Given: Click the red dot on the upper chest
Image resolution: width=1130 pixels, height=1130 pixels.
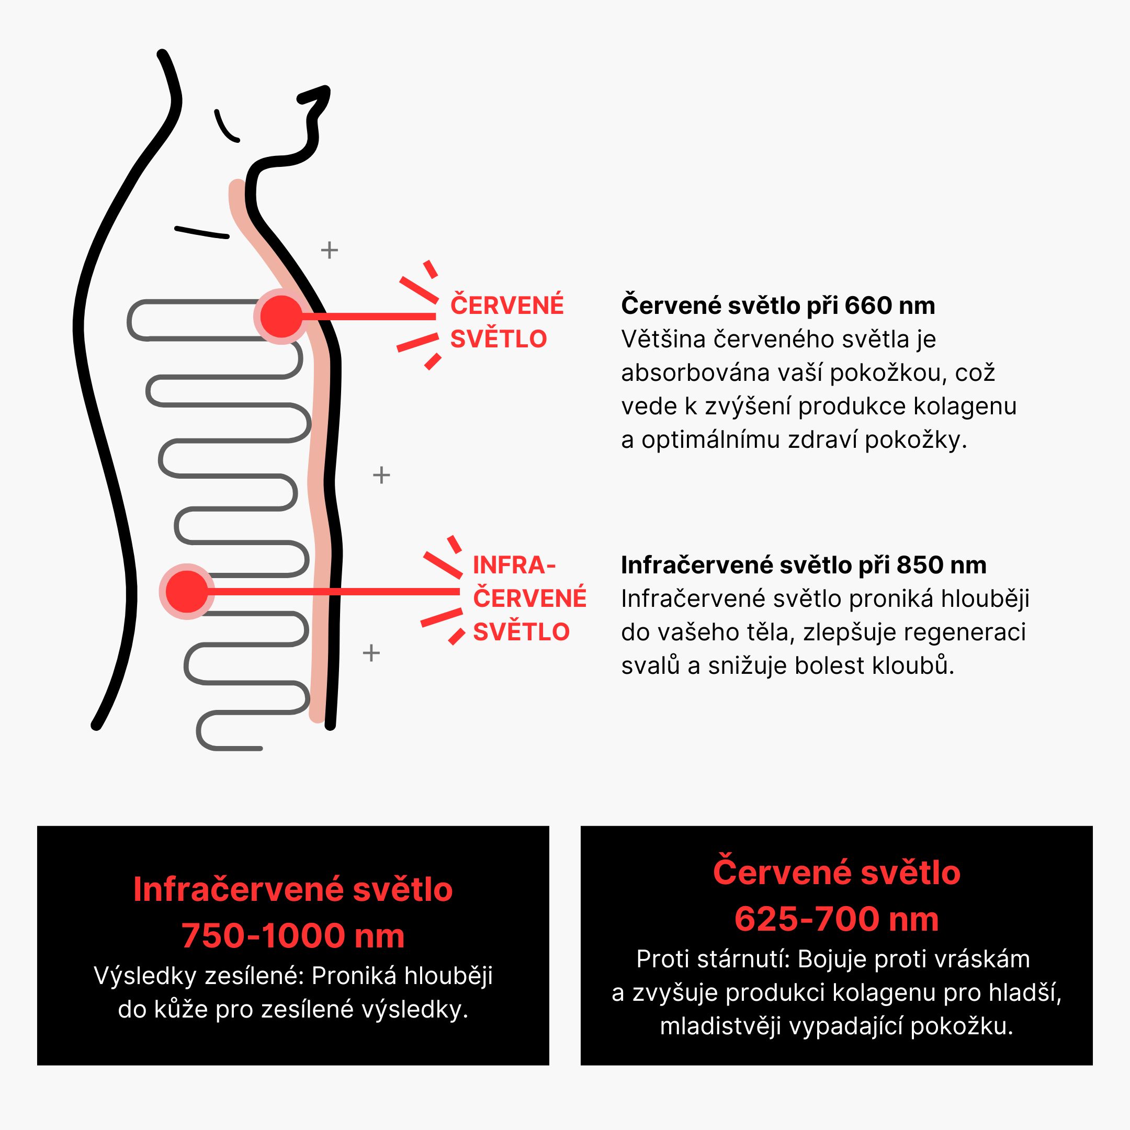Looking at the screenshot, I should pyautogui.click(x=281, y=317).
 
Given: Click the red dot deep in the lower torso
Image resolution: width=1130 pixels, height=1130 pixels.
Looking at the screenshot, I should pyautogui.click(x=187, y=592).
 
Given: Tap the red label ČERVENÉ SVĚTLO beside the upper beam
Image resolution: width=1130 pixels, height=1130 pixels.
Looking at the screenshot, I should pyautogui.click(x=506, y=322).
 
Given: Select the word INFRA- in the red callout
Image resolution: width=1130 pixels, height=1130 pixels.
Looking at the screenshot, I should pyautogui.click(x=514, y=566).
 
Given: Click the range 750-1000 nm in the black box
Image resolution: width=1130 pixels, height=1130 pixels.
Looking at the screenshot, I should pyautogui.click(x=292, y=935).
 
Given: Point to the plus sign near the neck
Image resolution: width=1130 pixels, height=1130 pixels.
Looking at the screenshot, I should pyautogui.click(x=329, y=251).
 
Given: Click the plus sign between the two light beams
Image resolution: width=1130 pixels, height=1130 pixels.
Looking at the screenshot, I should pyautogui.click(x=381, y=475).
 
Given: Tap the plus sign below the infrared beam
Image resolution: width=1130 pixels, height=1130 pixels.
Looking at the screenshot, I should pyautogui.click(x=371, y=653).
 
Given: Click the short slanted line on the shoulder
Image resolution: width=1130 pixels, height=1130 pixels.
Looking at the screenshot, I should pyautogui.click(x=202, y=232).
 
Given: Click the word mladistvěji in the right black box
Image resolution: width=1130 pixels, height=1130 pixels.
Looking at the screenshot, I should pyautogui.click(x=720, y=1026).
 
